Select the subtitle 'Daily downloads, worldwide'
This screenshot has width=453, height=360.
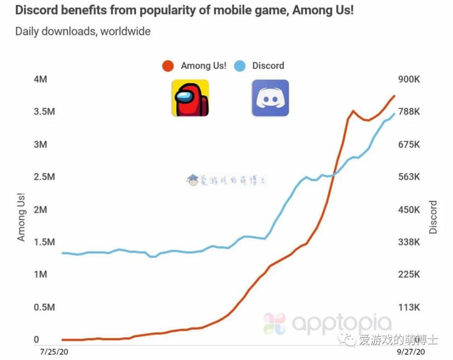tap(83, 32)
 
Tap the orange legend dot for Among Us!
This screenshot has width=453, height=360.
tap(169, 66)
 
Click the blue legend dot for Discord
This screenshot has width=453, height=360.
tap(240, 66)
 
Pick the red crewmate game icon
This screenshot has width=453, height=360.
tap(190, 98)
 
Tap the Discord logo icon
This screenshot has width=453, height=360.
tap(270, 98)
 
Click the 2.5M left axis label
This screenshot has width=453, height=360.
tap(44, 177)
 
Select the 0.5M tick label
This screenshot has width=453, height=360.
tap(44, 307)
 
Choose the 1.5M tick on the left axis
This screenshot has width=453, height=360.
tap(44, 242)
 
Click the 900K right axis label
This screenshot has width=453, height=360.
tap(410, 79)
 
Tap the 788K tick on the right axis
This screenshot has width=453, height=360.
tap(410, 112)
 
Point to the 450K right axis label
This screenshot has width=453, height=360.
tap(410, 210)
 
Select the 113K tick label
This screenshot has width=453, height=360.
tap(410, 307)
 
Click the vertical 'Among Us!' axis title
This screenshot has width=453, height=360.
tap(21, 216)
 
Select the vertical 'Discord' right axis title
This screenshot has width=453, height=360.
tap(434, 217)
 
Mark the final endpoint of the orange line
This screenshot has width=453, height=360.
tap(395, 96)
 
